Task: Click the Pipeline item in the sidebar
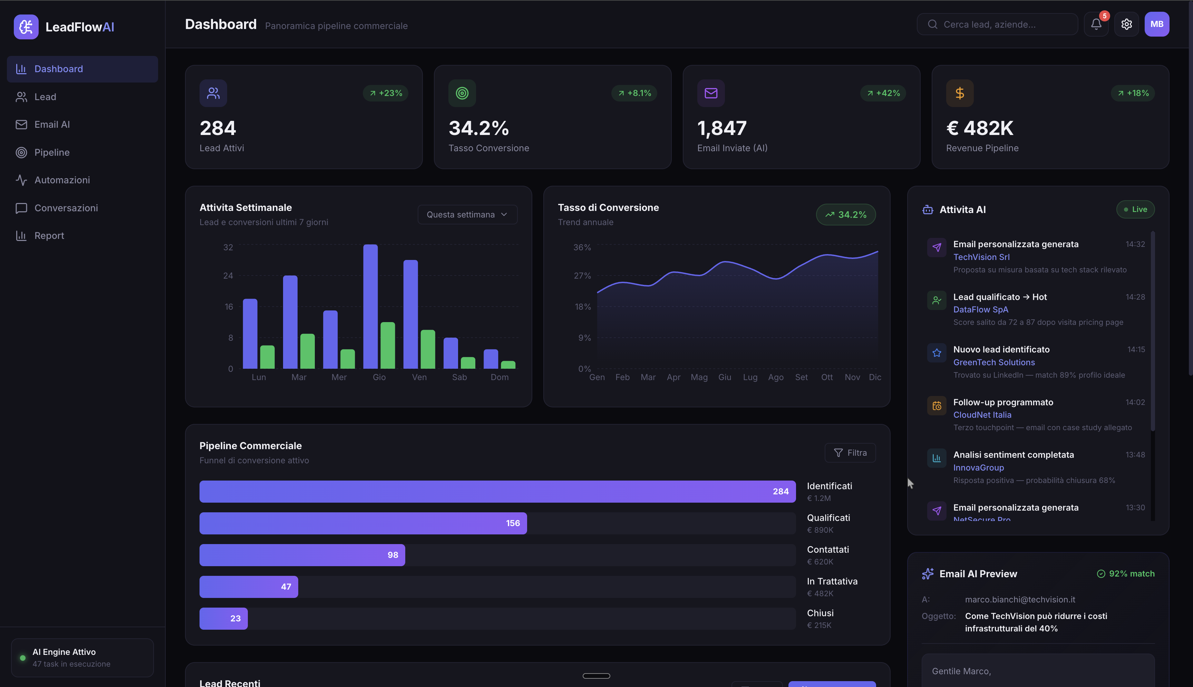coord(51,152)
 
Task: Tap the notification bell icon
coord(1096,24)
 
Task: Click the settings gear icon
coord(1126,24)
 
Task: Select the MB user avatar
coord(1157,24)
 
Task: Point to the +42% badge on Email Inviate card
coord(883,93)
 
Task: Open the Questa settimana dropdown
coord(467,215)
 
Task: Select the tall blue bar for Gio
coord(370,307)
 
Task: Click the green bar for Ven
coord(428,349)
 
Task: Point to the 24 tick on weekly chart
coord(228,275)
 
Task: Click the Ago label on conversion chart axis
coord(776,377)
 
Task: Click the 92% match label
coord(1126,574)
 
